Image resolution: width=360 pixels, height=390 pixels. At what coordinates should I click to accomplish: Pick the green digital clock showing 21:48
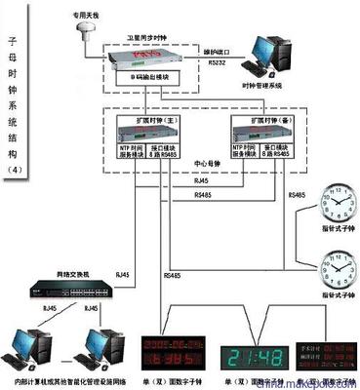pos(257,356)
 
